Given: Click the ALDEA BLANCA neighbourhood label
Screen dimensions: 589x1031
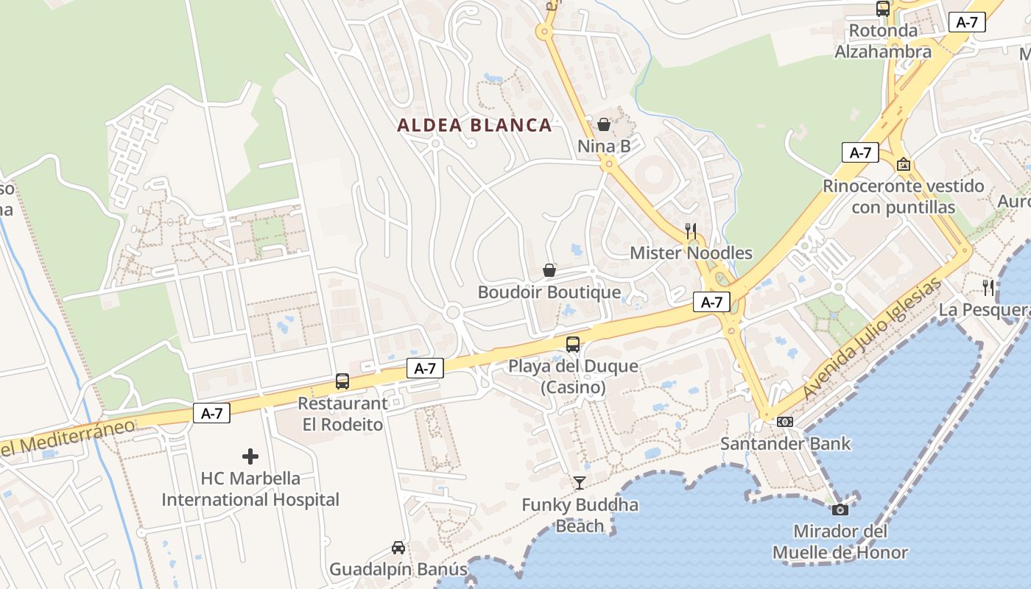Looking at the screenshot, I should click(x=474, y=125).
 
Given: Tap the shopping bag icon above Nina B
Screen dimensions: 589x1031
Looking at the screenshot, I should click(x=604, y=124).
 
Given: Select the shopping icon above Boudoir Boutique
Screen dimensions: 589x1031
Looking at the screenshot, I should click(x=549, y=270).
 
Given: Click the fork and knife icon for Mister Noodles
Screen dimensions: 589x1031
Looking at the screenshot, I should click(x=691, y=231).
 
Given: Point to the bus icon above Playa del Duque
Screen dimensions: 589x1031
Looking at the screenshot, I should click(x=573, y=344).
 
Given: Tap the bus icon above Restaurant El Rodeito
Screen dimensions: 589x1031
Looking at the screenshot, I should click(x=342, y=381).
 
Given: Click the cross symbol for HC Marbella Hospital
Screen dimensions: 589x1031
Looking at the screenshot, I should click(x=250, y=456).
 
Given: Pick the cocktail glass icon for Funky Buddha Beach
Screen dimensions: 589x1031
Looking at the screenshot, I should click(x=580, y=483).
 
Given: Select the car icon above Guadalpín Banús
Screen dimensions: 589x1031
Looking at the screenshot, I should click(x=398, y=548).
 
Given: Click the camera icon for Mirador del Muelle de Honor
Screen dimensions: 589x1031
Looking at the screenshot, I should click(x=840, y=509).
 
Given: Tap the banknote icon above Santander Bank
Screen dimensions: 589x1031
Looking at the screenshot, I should click(x=785, y=422).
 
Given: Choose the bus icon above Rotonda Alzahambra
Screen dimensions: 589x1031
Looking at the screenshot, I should click(x=883, y=9).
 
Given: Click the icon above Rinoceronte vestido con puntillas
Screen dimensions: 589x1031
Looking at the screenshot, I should click(x=904, y=164).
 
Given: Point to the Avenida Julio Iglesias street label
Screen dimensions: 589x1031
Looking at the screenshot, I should click(x=873, y=339).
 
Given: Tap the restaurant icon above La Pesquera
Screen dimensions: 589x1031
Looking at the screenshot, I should click(x=988, y=288).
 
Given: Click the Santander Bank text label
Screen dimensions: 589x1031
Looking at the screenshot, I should click(x=785, y=444).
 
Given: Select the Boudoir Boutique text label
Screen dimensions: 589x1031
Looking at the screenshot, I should click(x=549, y=292).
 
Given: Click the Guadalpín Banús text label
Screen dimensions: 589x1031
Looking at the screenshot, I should click(x=398, y=569).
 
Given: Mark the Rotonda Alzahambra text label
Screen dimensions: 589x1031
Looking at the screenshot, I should click(x=883, y=41).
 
